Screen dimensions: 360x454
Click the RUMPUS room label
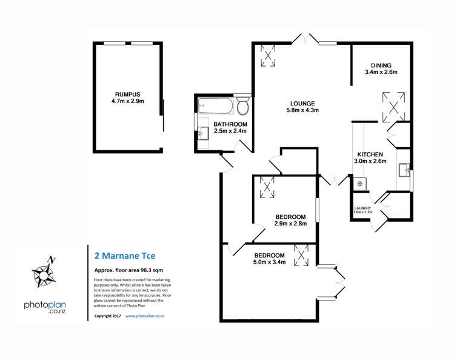tap(127, 94)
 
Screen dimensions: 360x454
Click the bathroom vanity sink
tap(202, 132)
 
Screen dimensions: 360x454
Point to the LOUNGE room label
tap(302, 102)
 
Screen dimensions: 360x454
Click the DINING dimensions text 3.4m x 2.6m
tap(381, 73)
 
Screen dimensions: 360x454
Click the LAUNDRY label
tap(362, 208)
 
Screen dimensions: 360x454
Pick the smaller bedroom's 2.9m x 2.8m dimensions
tap(291, 224)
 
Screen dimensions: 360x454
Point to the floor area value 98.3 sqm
tap(152, 270)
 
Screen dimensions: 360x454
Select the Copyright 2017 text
tap(108, 316)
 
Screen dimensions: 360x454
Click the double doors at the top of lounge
tap(305, 39)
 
